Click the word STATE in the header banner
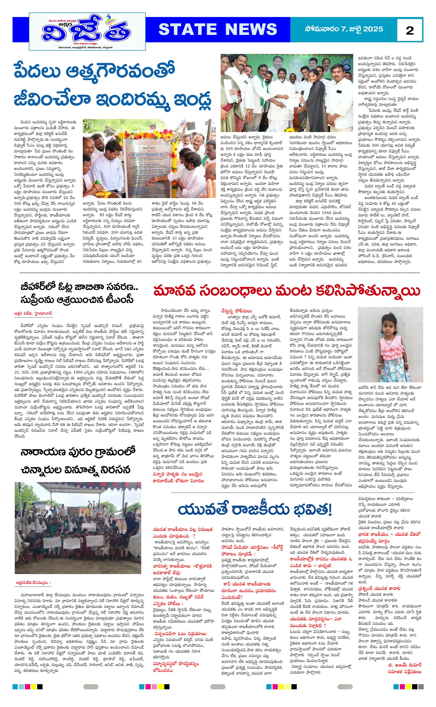click(187, 29)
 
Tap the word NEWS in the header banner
click(251, 29)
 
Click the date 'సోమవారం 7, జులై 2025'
click(344, 29)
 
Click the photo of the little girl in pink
click(390, 345)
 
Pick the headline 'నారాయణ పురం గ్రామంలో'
click(78, 452)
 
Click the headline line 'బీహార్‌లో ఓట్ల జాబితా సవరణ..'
click(79, 287)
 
